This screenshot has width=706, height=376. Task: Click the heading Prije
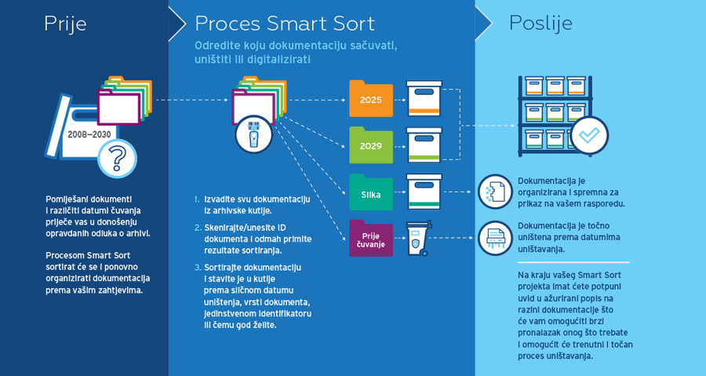tap(65, 24)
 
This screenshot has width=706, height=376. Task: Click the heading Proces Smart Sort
tap(285, 24)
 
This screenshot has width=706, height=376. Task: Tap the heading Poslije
tap(540, 23)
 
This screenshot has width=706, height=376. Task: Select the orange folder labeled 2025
tap(371, 99)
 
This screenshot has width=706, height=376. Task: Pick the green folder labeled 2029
tap(371, 145)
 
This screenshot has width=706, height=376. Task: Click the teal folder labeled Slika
tap(371, 192)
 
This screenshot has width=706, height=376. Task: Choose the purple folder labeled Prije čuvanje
tap(371, 239)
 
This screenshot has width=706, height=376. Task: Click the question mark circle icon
tap(117, 159)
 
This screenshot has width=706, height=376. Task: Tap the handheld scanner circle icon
tap(253, 135)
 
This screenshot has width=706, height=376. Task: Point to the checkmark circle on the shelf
tap(589, 135)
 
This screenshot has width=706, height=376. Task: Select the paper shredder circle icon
tap(495, 238)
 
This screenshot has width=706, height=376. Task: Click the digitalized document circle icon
tap(495, 192)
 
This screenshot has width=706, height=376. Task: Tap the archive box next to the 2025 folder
tap(424, 99)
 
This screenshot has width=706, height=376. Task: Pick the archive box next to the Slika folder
tap(424, 192)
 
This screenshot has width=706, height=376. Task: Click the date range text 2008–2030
tap(89, 134)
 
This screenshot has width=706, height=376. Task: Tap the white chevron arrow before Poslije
tap(484, 24)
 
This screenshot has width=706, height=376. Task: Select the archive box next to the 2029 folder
tap(424, 145)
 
